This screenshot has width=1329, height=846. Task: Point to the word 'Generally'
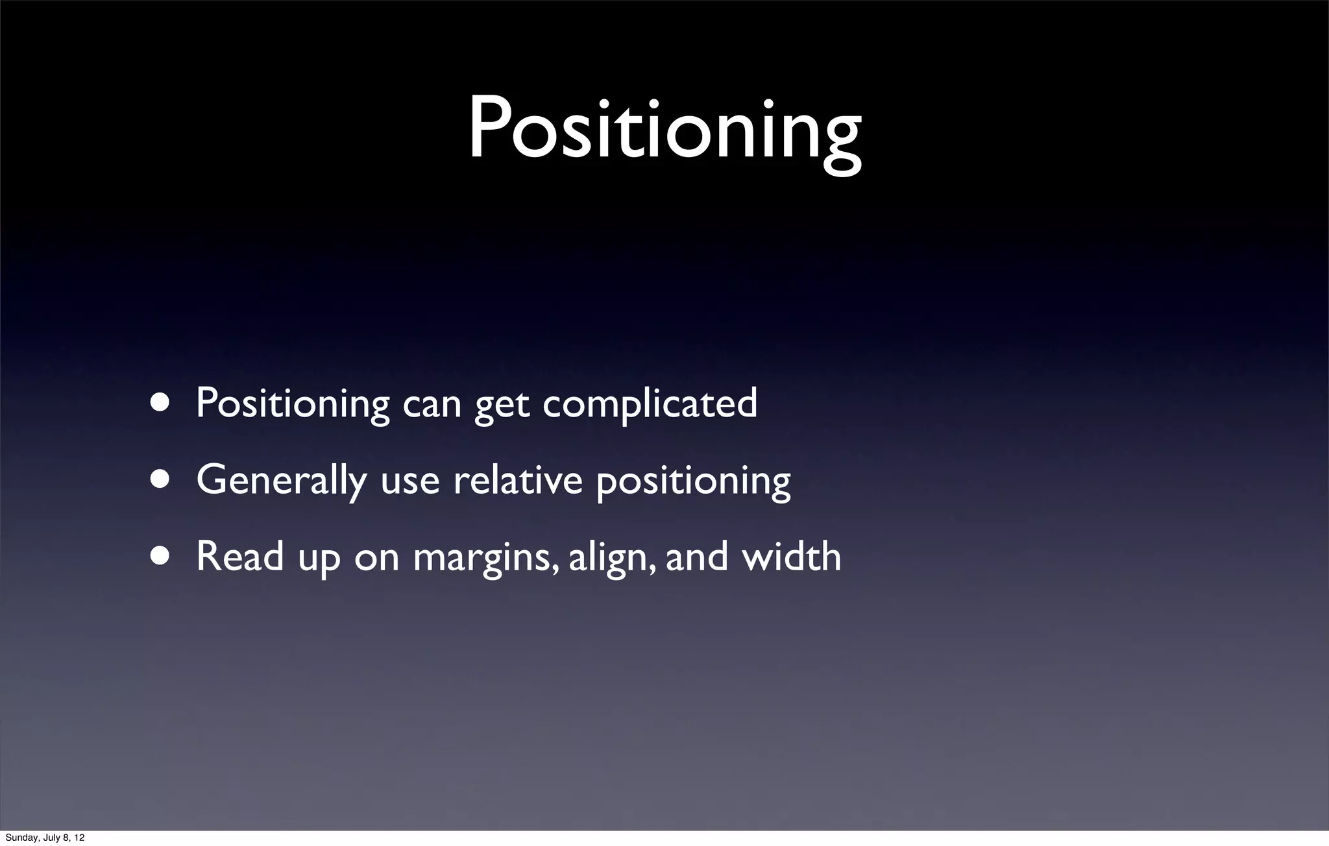click(x=281, y=481)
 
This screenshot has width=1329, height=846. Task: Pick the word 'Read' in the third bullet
click(x=239, y=557)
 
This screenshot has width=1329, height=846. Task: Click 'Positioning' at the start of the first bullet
click(x=292, y=404)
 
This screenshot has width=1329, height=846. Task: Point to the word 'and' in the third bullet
click(x=696, y=557)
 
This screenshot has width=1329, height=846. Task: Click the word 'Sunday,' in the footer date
click(x=22, y=838)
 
